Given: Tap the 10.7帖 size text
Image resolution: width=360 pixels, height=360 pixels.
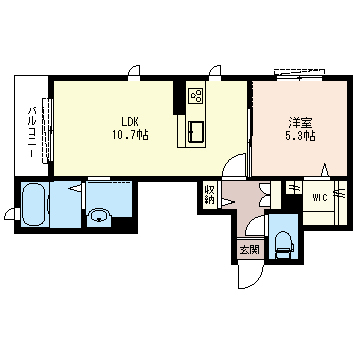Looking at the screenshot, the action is (130, 135).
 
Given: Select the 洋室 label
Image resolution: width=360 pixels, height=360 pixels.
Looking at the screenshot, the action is (300, 123).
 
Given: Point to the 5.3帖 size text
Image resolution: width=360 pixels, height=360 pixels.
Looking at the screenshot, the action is (300, 136).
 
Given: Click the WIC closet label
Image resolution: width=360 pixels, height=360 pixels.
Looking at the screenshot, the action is (320, 198).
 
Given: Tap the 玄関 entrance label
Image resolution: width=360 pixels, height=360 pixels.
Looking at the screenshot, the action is (249, 249).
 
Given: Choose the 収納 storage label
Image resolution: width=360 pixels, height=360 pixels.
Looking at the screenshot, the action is (210, 196).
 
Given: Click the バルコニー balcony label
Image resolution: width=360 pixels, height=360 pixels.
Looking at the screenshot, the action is (32, 132).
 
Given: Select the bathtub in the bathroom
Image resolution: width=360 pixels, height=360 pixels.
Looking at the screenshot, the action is (33, 204).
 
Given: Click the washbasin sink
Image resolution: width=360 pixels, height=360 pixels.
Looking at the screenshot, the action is (99, 216).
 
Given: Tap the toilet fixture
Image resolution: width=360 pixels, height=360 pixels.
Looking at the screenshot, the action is (284, 246).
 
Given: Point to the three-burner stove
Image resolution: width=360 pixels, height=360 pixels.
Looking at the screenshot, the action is (196, 96).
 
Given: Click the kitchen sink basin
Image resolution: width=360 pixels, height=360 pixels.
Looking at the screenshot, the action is (196, 131).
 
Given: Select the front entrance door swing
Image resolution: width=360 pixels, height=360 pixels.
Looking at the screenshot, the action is (251, 274).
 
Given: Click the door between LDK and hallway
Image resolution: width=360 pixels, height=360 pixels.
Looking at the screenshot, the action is (234, 166).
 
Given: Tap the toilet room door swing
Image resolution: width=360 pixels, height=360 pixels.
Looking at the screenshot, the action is (255, 226).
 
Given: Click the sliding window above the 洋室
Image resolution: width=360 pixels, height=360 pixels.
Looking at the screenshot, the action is (299, 75).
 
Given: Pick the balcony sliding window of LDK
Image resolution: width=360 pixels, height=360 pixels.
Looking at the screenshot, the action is (48, 130).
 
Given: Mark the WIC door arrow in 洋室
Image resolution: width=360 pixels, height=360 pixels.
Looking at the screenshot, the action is (325, 171).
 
